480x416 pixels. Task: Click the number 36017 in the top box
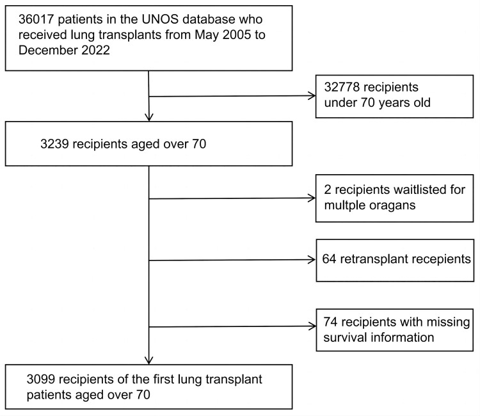point(36,20)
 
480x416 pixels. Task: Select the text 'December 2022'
point(64,50)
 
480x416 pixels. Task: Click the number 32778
point(342,87)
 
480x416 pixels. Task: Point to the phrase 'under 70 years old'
point(377,102)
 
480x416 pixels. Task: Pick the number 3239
point(54,144)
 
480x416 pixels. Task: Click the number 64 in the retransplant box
point(329,259)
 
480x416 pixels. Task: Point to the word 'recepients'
point(440,260)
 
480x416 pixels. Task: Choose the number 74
point(330,322)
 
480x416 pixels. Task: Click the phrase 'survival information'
point(379,338)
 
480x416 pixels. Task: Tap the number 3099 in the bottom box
point(41,380)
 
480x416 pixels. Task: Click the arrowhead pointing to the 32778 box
point(312,96)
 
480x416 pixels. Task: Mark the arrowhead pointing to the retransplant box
point(312,260)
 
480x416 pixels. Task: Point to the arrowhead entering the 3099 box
point(148,360)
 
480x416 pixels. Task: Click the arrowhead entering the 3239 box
point(148,117)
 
